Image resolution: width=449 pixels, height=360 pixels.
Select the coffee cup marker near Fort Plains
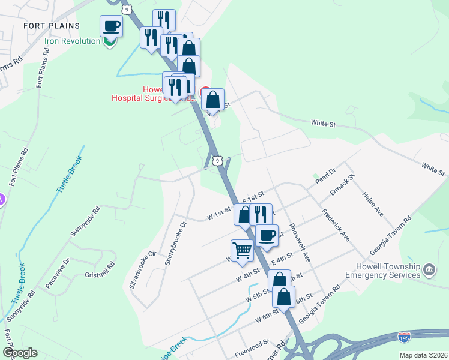(112, 26)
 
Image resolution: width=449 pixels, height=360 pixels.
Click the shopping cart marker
(242, 250)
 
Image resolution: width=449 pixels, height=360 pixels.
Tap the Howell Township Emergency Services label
(382, 271)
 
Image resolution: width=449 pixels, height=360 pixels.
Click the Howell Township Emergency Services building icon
(430, 270)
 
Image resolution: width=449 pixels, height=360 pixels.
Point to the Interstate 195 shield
(405, 338)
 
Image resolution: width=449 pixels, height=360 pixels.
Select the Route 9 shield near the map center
(217, 160)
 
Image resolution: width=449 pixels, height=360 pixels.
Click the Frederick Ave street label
(336, 225)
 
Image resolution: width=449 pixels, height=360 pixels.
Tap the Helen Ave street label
(373, 204)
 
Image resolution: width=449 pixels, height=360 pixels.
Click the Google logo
(20, 353)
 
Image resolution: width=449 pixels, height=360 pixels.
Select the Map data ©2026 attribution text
(423, 355)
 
